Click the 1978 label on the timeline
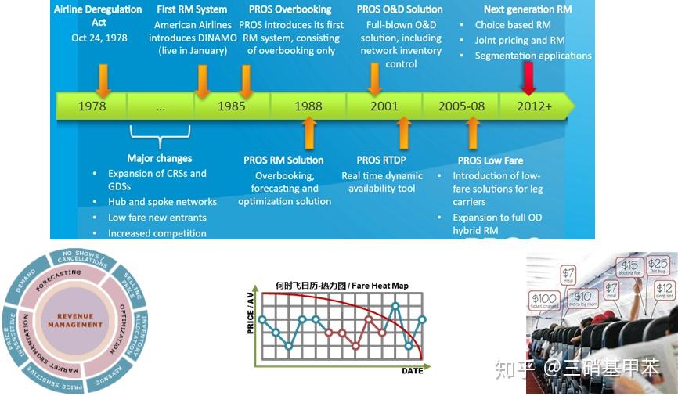pyautogui.click(x=92, y=106)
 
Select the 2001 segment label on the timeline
pyautogui.click(x=384, y=106)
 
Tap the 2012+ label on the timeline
pyautogui.click(x=535, y=106)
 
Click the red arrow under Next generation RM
pyautogui.click(x=529, y=78)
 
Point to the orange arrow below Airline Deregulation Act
pyautogui.click(x=103, y=78)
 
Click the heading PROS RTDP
pyautogui.click(x=382, y=160)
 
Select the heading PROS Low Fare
pyautogui.click(x=490, y=160)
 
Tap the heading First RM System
pyautogui.click(x=192, y=9)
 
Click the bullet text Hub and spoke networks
pyautogui.click(x=162, y=202)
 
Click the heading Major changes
pyautogui.click(x=160, y=158)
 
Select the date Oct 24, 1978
pyautogui.click(x=99, y=37)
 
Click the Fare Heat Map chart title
pyautogui.click(x=341, y=286)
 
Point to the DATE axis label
pyautogui.click(x=412, y=370)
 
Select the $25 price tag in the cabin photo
pyautogui.click(x=658, y=265)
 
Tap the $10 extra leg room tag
pyautogui.click(x=582, y=298)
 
